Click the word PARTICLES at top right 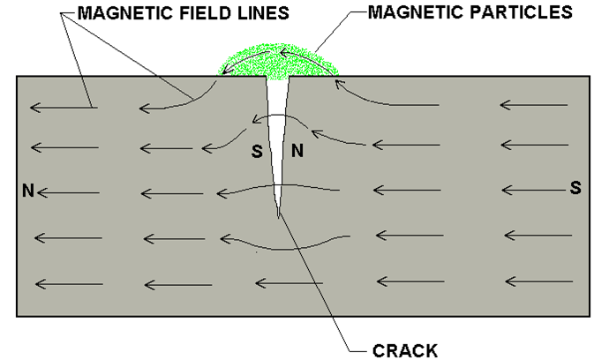(522, 12)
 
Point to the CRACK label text (405, 351)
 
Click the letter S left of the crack (257, 152)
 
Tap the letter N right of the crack (297, 151)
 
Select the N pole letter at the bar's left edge (28, 191)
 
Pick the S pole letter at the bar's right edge (575, 188)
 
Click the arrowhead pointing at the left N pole (42, 192)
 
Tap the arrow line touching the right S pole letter (534, 191)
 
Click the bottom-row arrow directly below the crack (289, 283)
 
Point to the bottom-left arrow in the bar (69, 284)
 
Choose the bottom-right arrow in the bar (538, 281)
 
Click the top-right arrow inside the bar (534, 105)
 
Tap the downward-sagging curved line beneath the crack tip (285, 247)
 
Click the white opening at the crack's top (278, 86)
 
